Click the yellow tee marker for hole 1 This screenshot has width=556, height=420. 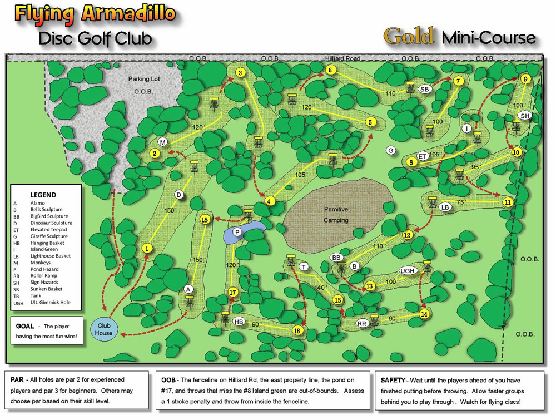147,249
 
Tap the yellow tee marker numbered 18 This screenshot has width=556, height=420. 205,220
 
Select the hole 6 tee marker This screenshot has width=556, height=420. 330,70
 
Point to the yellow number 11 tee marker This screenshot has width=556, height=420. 507,202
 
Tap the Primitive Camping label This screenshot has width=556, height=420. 336,215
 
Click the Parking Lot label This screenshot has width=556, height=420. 143,79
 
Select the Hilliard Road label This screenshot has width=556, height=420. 343,58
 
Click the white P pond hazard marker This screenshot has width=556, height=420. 237,231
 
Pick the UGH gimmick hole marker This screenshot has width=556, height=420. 408,271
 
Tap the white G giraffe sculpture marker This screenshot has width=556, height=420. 391,150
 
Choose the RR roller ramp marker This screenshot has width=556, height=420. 362,323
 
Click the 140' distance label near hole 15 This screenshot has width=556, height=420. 321,288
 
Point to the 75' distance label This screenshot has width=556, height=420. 460,202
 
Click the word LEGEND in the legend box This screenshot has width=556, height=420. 43,195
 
